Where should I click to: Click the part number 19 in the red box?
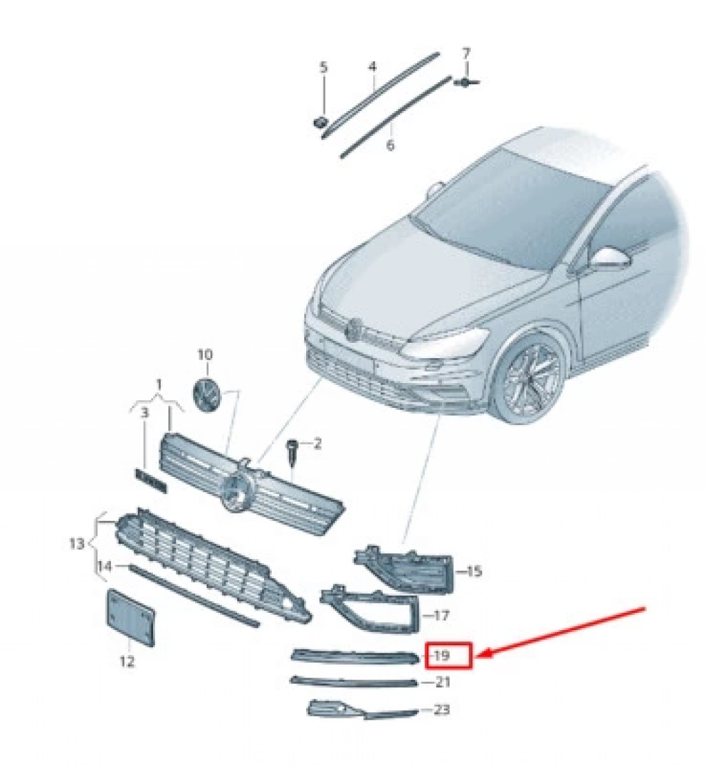pos(442,655)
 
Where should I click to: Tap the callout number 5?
pos(324,68)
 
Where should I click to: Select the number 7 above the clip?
pos(466,52)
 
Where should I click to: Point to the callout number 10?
pos(205,354)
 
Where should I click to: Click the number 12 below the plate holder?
pos(127,662)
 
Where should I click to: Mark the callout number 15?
pos(474,571)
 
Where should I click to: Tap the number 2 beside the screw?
pos(318,444)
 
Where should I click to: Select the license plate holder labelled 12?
pos(130,618)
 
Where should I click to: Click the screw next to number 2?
pos(292,451)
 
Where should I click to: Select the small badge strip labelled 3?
pos(151,480)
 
